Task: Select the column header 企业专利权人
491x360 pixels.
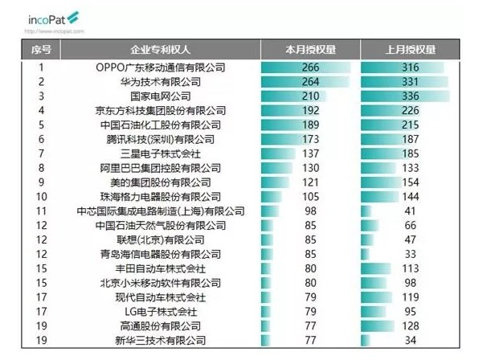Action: [161, 49]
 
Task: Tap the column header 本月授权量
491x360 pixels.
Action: [309, 49]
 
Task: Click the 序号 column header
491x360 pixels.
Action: [41, 49]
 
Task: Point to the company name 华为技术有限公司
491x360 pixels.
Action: [161, 81]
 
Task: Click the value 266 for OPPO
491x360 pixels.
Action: [310, 67]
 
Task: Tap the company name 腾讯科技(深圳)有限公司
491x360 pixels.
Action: [161, 139]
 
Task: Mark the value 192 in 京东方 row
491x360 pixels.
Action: [310, 110]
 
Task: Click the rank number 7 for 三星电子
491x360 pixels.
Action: [41, 153]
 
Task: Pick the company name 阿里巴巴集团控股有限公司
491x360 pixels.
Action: [161, 168]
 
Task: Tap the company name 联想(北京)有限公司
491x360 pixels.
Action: [161, 239]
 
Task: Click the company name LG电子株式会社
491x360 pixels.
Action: [161, 312]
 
